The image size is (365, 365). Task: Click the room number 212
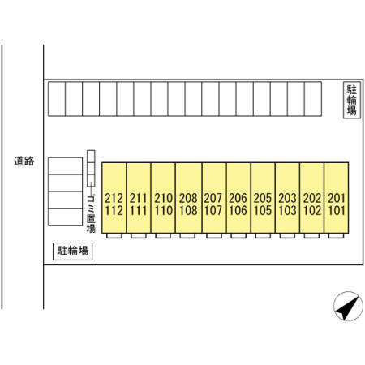(x=114, y=198)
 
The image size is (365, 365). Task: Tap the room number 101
(x=337, y=211)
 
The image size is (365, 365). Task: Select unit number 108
(x=188, y=211)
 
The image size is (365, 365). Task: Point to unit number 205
(x=263, y=198)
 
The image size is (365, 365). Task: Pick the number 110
(x=163, y=211)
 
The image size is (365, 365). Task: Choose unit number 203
(x=287, y=198)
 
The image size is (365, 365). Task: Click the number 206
(x=238, y=198)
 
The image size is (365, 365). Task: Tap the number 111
(x=139, y=211)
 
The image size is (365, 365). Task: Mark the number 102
(x=312, y=211)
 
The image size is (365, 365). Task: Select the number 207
(x=213, y=198)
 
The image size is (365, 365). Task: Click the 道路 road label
(x=24, y=161)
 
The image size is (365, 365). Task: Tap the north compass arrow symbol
(x=348, y=307)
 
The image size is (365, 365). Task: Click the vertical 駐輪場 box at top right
(x=352, y=100)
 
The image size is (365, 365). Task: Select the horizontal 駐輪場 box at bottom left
(x=72, y=251)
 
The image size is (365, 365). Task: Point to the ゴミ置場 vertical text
(x=91, y=214)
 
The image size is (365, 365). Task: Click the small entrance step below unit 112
(x=114, y=236)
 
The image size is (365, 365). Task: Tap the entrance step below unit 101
(x=336, y=236)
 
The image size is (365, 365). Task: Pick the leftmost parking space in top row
(x=57, y=99)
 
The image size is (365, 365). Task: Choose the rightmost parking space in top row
(x=313, y=99)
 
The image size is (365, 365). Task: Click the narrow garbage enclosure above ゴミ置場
(x=91, y=169)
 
